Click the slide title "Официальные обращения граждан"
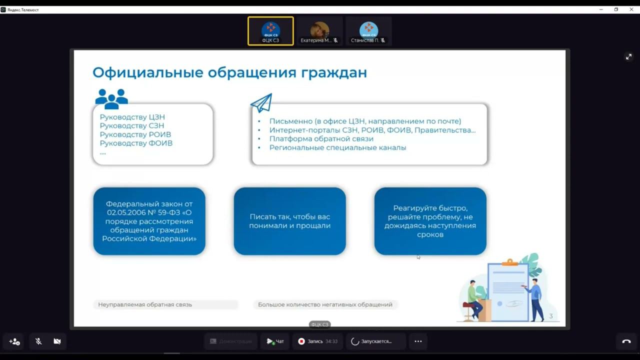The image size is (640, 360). pyautogui.click(x=229, y=72)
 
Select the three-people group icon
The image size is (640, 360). pyautogui.click(x=111, y=98)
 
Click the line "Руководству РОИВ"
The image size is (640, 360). pyautogui.click(x=135, y=134)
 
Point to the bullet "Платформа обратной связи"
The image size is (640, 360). pyautogui.click(x=321, y=139)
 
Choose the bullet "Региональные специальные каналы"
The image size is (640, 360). pyautogui.click(x=337, y=147)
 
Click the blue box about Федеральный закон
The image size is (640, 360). pyautogui.click(x=149, y=221)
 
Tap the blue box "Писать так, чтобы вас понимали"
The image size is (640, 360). pyautogui.click(x=290, y=221)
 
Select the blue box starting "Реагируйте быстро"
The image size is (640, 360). pyautogui.click(x=430, y=221)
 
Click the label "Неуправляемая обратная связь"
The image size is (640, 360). pyautogui.click(x=145, y=304)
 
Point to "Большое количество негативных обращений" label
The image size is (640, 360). pyautogui.click(x=325, y=304)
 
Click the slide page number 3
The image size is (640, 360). pyautogui.click(x=551, y=316)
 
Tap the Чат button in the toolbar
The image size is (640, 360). pyautogui.click(x=275, y=341)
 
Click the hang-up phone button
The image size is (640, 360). pyautogui.click(x=626, y=341)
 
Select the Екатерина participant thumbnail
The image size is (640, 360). pyautogui.click(x=319, y=31)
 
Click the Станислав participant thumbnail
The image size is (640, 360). pyautogui.click(x=368, y=31)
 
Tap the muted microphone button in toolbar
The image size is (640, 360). pyautogui.click(x=38, y=341)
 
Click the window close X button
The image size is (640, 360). pyautogui.click(x=631, y=9)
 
